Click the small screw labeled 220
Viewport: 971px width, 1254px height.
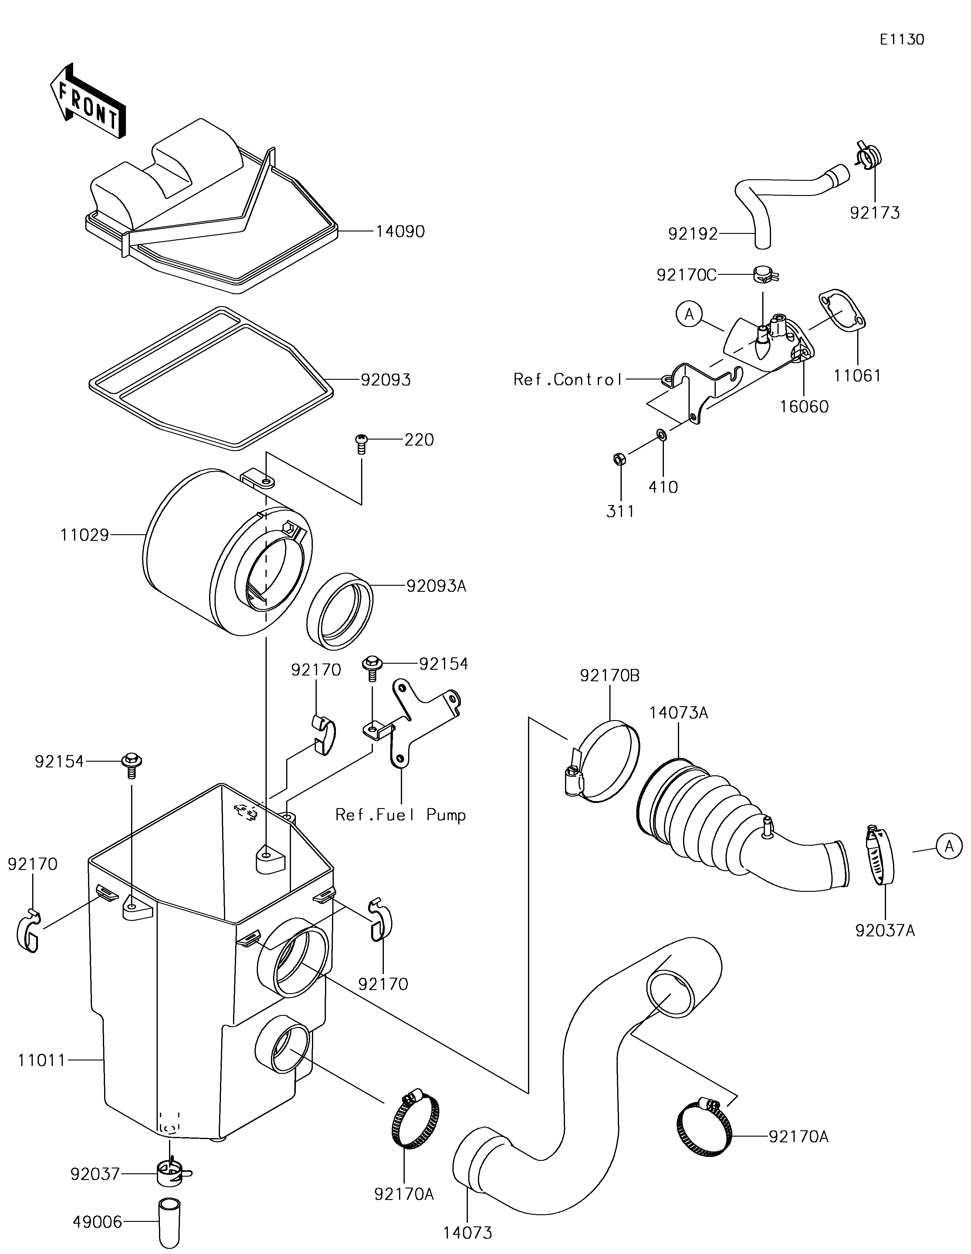click(361, 444)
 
